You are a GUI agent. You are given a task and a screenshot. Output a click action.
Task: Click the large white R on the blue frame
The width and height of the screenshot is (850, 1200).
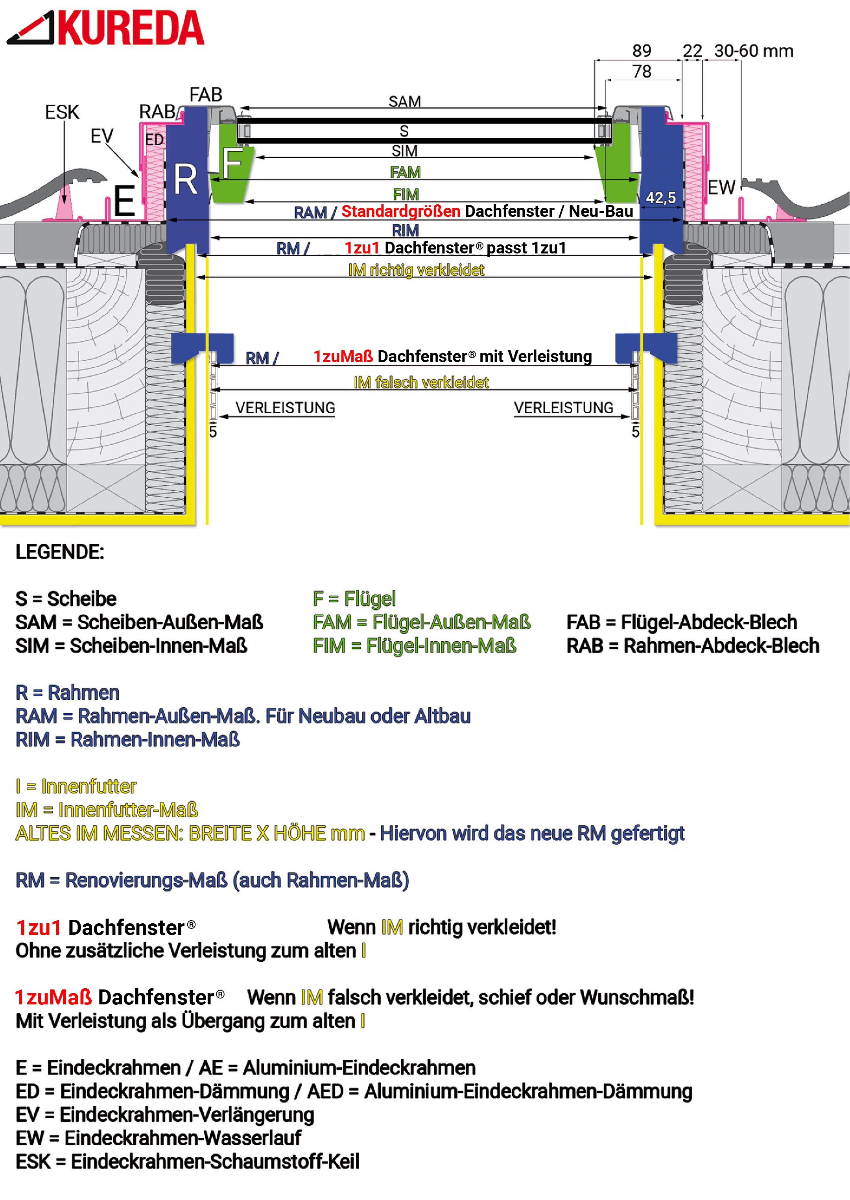(x=186, y=179)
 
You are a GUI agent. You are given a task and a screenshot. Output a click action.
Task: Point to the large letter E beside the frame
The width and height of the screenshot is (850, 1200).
(x=125, y=201)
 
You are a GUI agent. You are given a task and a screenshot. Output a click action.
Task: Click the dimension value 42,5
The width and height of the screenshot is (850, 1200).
(x=660, y=198)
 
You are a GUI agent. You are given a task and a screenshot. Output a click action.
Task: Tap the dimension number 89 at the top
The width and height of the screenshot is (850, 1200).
(x=642, y=51)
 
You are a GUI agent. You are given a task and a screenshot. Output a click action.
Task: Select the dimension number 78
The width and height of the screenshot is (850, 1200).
(x=642, y=71)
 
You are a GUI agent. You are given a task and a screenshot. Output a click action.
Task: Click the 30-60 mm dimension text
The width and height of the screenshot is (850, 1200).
(x=753, y=51)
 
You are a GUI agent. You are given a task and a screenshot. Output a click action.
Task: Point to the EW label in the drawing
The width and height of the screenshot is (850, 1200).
(x=721, y=187)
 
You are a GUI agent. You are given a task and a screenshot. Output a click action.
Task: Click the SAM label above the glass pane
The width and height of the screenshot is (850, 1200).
(x=405, y=102)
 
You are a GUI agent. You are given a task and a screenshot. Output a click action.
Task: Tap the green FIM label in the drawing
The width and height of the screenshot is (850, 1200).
(x=406, y=194)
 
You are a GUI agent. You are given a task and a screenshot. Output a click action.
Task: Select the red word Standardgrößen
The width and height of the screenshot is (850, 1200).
(x=400, y=211)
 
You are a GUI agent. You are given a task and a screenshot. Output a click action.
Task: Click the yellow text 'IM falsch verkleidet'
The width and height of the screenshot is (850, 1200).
(x=421, y=383)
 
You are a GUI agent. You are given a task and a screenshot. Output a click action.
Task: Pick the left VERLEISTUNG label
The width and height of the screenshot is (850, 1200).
(x=285, y=408)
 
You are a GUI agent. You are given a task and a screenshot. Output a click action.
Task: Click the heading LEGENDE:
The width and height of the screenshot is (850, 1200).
(x=60, y=552)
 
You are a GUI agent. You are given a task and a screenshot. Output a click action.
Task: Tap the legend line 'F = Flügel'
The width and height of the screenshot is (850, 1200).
(x=354, y=599)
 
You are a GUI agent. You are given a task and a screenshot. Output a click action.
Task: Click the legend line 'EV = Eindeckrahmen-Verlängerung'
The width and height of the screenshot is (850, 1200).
(x=164, y=1115)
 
